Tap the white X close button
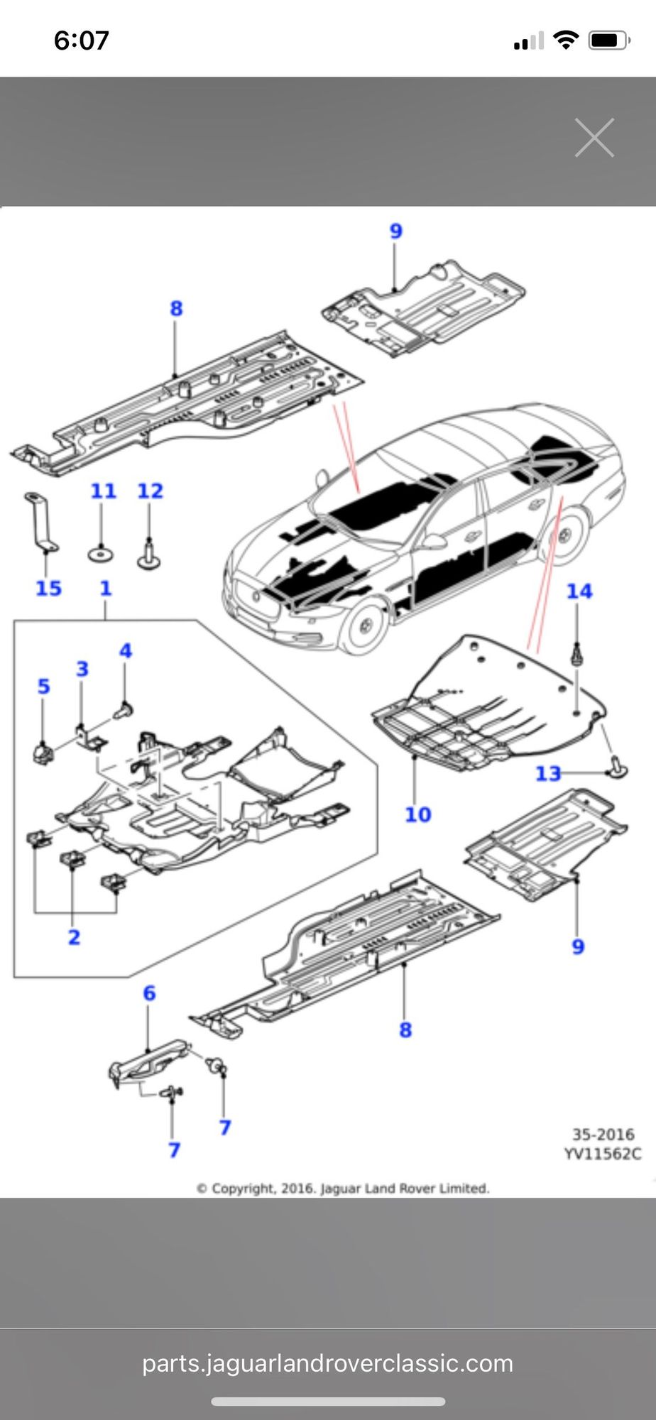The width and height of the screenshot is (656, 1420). (x=594, y=138)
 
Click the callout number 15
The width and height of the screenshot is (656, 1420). (x=48, y=588)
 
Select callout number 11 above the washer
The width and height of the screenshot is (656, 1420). (x=103, y=491)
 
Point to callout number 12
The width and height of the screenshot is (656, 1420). (x=150, y=491)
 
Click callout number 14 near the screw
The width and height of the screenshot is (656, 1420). (x=579, y=591)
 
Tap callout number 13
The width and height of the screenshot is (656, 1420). (x=547, y=773)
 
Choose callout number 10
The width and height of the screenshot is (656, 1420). (x=417, y=814)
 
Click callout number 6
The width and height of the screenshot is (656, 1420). (x=149, y=993)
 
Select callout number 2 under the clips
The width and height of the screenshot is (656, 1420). (x=74, y=937)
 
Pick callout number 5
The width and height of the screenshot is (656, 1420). (x=44, y=687)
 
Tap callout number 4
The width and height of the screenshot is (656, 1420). (x=126, y=650)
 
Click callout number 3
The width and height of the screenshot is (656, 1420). (x=82, y=669)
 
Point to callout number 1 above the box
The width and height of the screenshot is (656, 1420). (x=105, y=588)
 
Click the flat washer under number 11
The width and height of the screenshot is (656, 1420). (x=102, y=552)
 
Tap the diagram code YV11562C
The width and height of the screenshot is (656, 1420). (x=602, y=1154)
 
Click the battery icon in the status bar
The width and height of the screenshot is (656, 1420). (x=608, y=40)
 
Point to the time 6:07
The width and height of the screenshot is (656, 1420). (x=81, y=40)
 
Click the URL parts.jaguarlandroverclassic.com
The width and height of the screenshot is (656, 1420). (x=327, y=1363)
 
